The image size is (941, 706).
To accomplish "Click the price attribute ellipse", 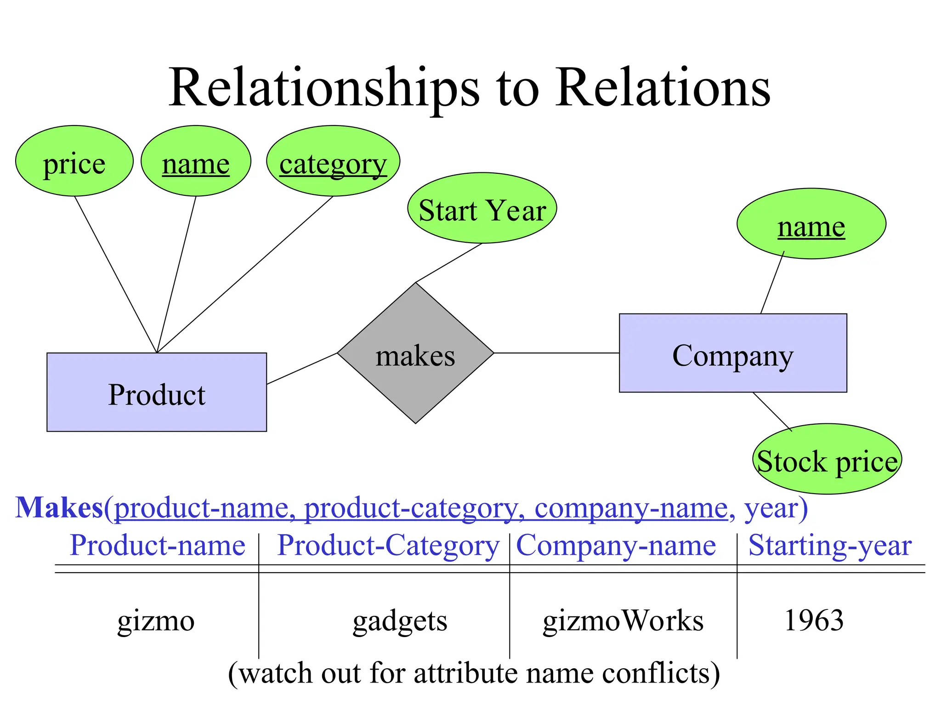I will click(74, 161).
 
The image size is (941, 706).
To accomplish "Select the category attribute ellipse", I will click(333, 161).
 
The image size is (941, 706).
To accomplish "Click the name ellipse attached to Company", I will click(811, 224).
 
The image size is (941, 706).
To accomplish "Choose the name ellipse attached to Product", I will click(196, 161).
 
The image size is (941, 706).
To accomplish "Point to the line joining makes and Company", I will click(556, 353).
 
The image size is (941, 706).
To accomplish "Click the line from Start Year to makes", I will click(449, 263).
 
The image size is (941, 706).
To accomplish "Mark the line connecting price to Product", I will click(116, 274).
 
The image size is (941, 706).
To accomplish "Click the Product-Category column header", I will click(388, 546).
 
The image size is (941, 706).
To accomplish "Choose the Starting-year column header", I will click(830, 546).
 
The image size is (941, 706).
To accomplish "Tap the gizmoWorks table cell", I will click(623, 620).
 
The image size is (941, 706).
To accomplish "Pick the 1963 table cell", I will click(814, 620).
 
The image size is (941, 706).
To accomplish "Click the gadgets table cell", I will click(400, 621).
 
